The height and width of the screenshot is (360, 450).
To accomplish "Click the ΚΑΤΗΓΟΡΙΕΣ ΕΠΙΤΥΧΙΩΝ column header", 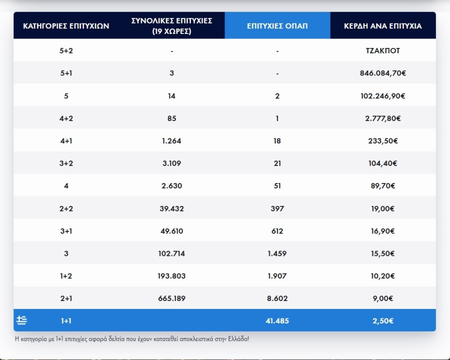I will coord(66,25).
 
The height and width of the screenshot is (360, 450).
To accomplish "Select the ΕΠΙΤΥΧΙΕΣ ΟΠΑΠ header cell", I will coord(277,25).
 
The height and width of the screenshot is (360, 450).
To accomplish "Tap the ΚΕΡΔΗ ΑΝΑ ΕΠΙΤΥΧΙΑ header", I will coord(383,25).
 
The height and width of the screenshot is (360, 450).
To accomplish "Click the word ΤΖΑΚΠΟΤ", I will coord(383,50).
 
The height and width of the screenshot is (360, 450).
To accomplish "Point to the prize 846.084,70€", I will coord(383,73).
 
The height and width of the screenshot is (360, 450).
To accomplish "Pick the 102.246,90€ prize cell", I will coord(383,96).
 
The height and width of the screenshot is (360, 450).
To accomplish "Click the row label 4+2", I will coord(66,118).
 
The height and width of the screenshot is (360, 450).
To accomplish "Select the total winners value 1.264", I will coord(171,141).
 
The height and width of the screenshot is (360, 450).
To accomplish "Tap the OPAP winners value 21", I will coord(277,163).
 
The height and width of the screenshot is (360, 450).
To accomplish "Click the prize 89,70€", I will coord(383,186).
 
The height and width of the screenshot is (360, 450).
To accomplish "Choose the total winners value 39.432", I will coord(171,208).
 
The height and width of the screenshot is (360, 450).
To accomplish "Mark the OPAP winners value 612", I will coord(277,231).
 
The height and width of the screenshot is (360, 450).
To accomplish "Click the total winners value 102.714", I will coord(171,253).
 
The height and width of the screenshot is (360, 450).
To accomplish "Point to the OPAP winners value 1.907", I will coord(277,276).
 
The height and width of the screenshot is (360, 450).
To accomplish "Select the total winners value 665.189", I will coord(171,298).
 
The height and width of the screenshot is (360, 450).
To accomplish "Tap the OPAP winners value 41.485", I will coord(277,320).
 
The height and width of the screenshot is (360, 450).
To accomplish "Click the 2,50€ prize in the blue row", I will coord(383,320).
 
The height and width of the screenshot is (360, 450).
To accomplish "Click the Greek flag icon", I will coord(21,320).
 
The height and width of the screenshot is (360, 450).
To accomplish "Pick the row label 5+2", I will coord(66,50).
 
